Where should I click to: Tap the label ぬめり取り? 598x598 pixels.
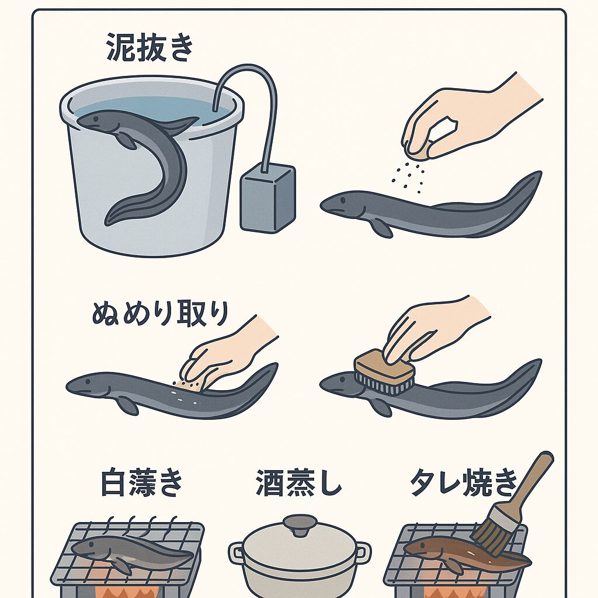(x=160, y=314)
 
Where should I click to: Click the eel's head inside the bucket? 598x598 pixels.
(x=93, y=121)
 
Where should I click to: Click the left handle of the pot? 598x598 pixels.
(x=237, y=552)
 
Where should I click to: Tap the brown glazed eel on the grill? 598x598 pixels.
(x=461, y=555)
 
